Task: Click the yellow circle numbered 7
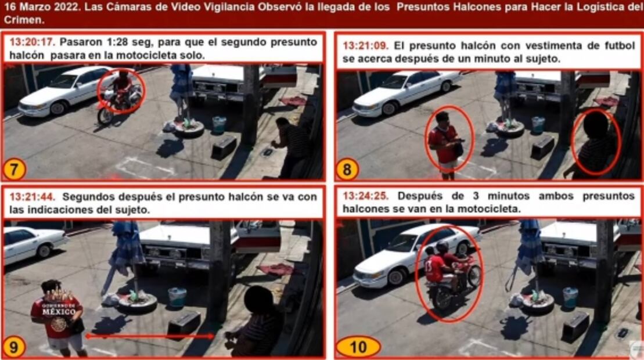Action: tap(14, 170)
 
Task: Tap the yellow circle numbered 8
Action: tap(347, 170)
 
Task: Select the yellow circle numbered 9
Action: tap(14, 347)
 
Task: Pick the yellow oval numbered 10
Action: tap(358, 347)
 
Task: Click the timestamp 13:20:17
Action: tap(32, 42)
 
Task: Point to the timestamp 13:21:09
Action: tap(365, 45)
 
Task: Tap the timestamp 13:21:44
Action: tap(32, 197)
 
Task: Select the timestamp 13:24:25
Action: tap(365, 196)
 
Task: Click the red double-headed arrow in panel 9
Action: tap(150, 336)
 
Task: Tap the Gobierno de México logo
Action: tap(59, 311)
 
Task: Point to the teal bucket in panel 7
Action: tap(219, 125)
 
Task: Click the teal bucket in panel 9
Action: tap(177, 297)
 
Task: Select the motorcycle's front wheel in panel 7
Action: tap(105, 116)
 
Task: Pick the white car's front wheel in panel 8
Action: tap(389, 109)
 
